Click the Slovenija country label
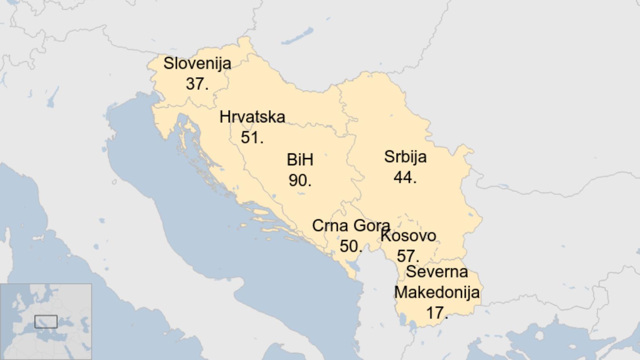click(197, 64)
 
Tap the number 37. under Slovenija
click(197, 84)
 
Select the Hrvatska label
click(252, 117)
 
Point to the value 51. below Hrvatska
click(252, 138)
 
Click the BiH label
click(300, 160)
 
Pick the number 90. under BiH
click(300, 180)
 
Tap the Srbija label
click(405, 157)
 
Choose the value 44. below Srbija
click(405, 177)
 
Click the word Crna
click(330, 226)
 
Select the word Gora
click(371, 226)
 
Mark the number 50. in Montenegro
click(351, 246)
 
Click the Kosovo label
click(408, 236)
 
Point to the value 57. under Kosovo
click(408, 256)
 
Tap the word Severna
click(437, 272)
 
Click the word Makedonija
click(437, 293)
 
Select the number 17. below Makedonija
click(437, 313)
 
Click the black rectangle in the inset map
click(46, 322)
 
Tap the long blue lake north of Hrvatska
click(298, 36)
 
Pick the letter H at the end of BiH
click(308, 160)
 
